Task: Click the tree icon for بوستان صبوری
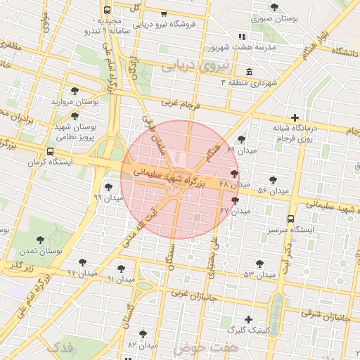coord(274,7)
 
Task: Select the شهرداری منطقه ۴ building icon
coord(250,72)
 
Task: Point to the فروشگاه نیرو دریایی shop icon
coord(164,13)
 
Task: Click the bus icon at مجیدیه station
coord(107,11)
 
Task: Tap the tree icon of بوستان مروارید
coord(75,91)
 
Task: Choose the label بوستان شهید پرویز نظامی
coord(75,132)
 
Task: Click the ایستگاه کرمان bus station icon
coord(49,151)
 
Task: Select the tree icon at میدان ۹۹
coord(108,186)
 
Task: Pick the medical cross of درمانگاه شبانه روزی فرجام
coord(294,117)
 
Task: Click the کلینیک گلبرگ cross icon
coord(248,319)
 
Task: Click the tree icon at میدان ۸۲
coord(143,334)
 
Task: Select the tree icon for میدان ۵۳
coord(259,264)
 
